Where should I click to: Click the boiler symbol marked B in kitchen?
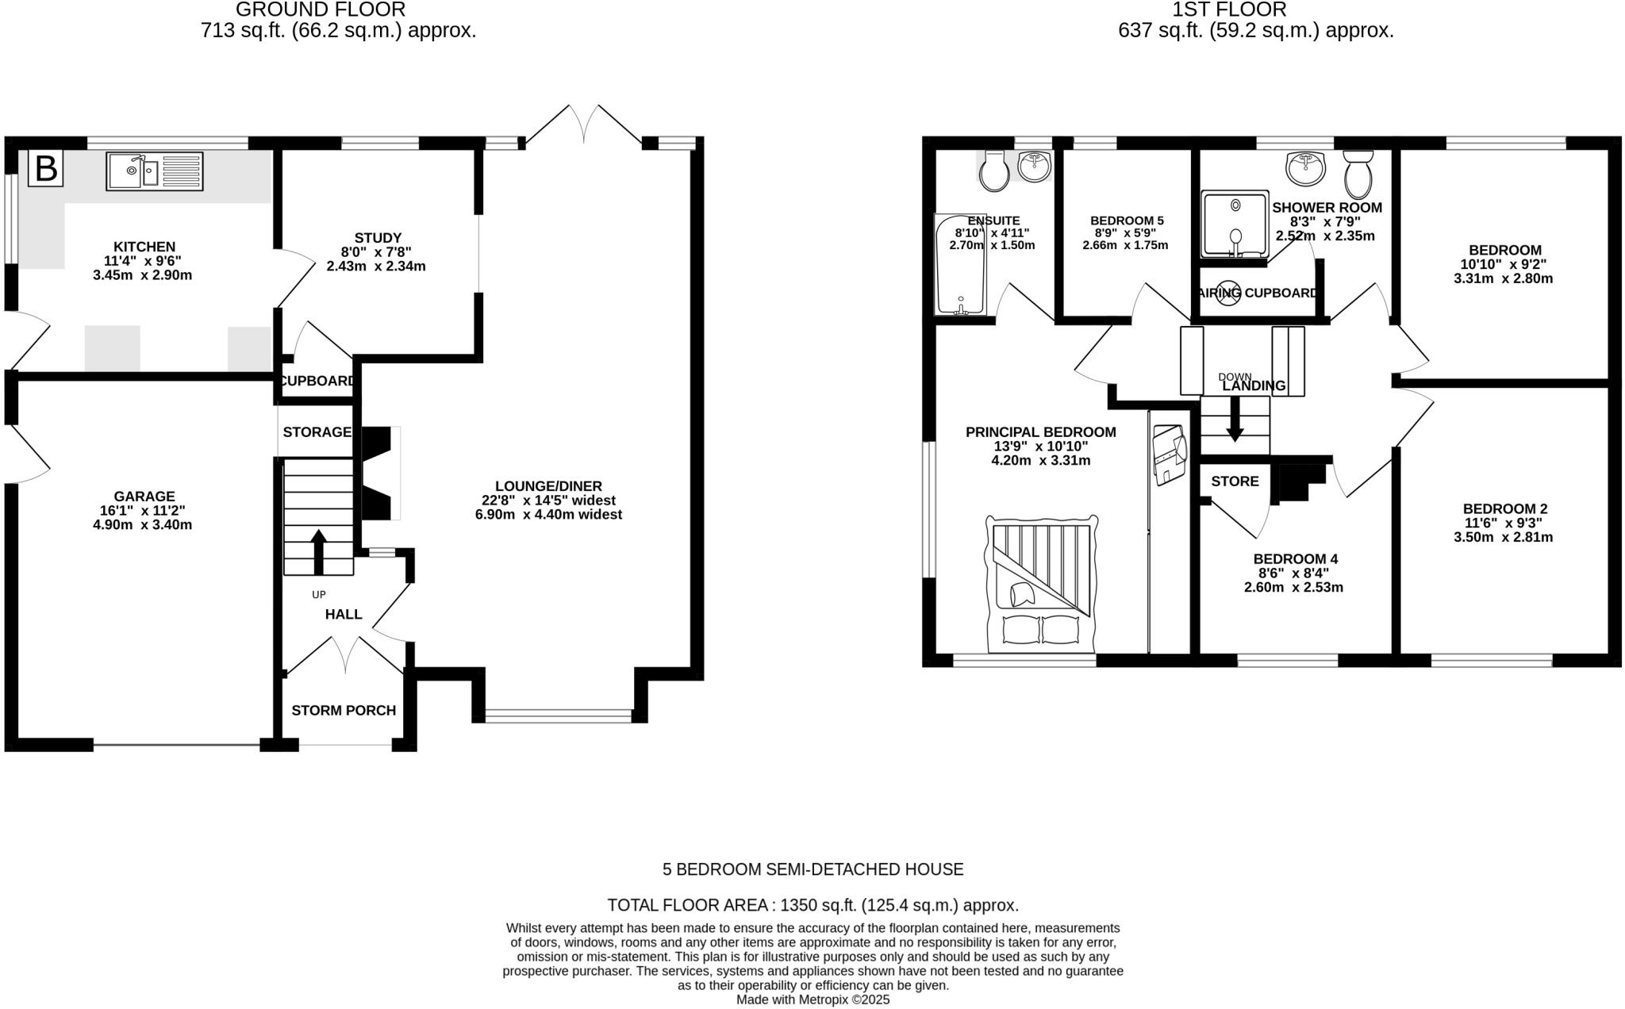[45, 169]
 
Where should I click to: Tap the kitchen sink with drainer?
[155, 171]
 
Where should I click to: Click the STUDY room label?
[378, 238]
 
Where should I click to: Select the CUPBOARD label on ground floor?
[317, 381]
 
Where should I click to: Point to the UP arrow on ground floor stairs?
[318, 551]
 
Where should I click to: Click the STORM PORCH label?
[344, 711]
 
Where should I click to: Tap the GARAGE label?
[144, 497]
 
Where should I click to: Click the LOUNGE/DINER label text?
[548, 486]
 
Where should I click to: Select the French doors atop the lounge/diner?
[583, 125]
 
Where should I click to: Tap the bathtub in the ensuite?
[960, 263]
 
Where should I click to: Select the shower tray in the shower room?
[1234, 224]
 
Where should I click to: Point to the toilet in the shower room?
[1358, 175]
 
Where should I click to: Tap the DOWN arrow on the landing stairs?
[1235, 419]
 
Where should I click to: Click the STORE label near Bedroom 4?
[1235, 481]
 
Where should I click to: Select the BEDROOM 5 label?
[1127, 221]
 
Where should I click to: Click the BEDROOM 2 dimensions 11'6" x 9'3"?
[1503, 524]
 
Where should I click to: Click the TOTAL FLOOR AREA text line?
[812, 905]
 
